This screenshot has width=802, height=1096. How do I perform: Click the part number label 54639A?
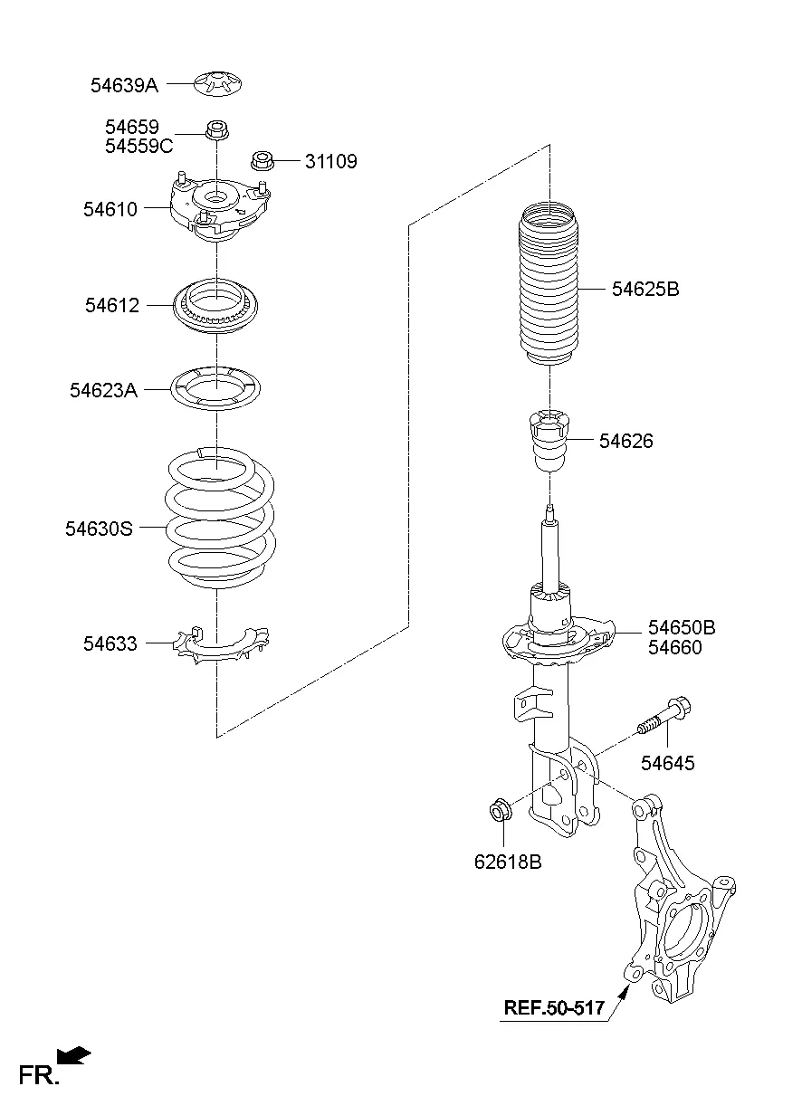[124, 85]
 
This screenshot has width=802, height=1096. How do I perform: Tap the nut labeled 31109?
[262, 162]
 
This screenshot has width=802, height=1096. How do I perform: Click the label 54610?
[110, 209]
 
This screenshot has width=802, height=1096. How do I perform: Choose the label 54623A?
[103, 390]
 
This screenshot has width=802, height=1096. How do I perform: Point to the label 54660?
[674, 648]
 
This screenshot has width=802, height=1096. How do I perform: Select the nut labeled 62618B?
[499, 808]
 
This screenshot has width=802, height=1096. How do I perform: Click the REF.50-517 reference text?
[554, 1006]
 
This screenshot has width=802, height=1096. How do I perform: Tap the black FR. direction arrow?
[75, 1054]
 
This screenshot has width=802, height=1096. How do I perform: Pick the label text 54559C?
[138, 146]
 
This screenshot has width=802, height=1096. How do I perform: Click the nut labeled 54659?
[216, 132]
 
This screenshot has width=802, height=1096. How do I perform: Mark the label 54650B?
[682, 627]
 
